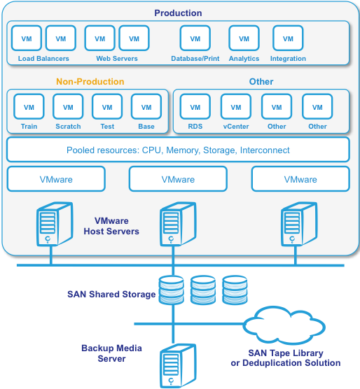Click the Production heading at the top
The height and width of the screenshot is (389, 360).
(178, 13)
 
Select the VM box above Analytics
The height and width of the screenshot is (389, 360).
(244, 38)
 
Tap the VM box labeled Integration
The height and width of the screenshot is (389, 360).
(288, 38)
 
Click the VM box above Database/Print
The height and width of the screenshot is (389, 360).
(195, 38)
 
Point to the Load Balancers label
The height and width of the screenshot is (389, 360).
(43, 59)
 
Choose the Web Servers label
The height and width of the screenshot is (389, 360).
(117, 59)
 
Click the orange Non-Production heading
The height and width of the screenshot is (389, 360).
(90, 82)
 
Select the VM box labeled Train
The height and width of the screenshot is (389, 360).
(29, 106)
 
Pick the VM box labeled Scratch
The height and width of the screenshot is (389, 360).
(68, 106)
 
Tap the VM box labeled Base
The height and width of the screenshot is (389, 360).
(146, 106)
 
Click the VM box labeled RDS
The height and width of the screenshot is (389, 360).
(195, 106)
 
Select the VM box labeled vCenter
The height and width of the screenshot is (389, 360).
(236, 106)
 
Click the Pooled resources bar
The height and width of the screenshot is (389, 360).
(178, 150)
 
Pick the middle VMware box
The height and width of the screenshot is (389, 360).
(178, 179)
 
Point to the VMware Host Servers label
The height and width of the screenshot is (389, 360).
(111, 226)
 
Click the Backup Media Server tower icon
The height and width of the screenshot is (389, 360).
(178, 366)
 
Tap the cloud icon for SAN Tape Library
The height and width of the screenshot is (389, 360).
(284, 325)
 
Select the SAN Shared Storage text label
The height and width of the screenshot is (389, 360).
(111, 295)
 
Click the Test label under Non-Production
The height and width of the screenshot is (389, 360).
(107, 127)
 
